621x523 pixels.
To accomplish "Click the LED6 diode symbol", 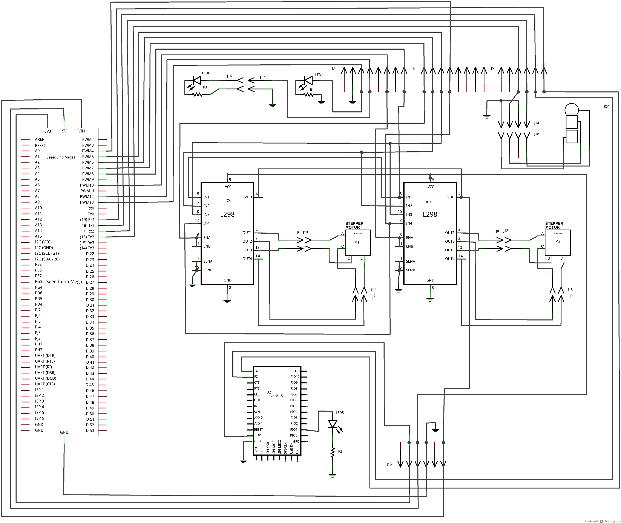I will tap(196, 80).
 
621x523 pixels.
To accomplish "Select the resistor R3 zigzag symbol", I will tap(197, 95).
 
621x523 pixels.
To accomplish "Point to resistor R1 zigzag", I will tap(308, 95).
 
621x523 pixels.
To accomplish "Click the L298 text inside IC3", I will tap(430, 214).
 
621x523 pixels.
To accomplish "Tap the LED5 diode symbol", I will tap(333, 424).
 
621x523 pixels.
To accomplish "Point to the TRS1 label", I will tap(606, 106).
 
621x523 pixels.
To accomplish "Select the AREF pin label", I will tap(39, 139).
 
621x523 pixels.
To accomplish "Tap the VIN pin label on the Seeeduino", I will tap(81, 131).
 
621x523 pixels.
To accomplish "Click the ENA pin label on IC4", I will tap(207, 237).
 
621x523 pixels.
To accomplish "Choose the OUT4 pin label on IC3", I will tap(450, 259).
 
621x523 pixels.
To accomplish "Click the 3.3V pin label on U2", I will tap(257, 435).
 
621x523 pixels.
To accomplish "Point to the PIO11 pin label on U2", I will tap(295, 371).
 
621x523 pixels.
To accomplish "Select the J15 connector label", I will tap(389, 464).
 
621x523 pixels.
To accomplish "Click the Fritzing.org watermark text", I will tap(612, 521).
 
